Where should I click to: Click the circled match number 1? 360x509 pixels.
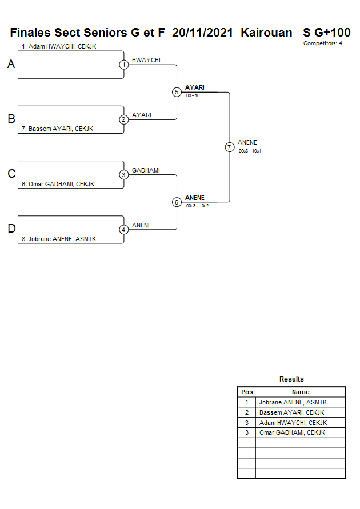[x=123, y=65]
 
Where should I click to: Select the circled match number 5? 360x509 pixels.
[x=177, y=92]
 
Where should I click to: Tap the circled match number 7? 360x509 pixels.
[x=229, y=147]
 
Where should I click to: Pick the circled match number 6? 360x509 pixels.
[x=177, y=202]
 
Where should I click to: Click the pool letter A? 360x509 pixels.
[x=11, y=65]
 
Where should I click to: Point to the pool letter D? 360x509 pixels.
[x=11, y=229]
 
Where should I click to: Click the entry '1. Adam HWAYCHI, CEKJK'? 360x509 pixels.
[x=59, y=46]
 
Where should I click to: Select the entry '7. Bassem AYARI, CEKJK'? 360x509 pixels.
[x=57, y=129]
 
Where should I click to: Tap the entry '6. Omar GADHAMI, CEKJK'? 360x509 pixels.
[x=58, y=184]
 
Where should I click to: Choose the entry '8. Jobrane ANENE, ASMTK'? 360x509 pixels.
[x=59, y=239]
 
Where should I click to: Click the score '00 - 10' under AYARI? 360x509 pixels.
[x=193, y=95]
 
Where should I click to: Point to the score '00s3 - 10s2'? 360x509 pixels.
[x=197, y=206]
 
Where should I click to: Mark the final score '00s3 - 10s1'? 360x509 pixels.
[x=250, y=151]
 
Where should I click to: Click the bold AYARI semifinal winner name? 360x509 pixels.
[x=195, y=87]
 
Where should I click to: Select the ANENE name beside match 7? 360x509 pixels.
[x=247, y=142]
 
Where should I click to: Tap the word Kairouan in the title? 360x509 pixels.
[x=266, y=33]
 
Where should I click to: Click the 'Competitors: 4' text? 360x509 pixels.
[x=323, y=43]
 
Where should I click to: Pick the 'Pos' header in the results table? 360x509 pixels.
[x=247, y=392]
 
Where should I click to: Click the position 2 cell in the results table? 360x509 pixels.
[x=247, y=412]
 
